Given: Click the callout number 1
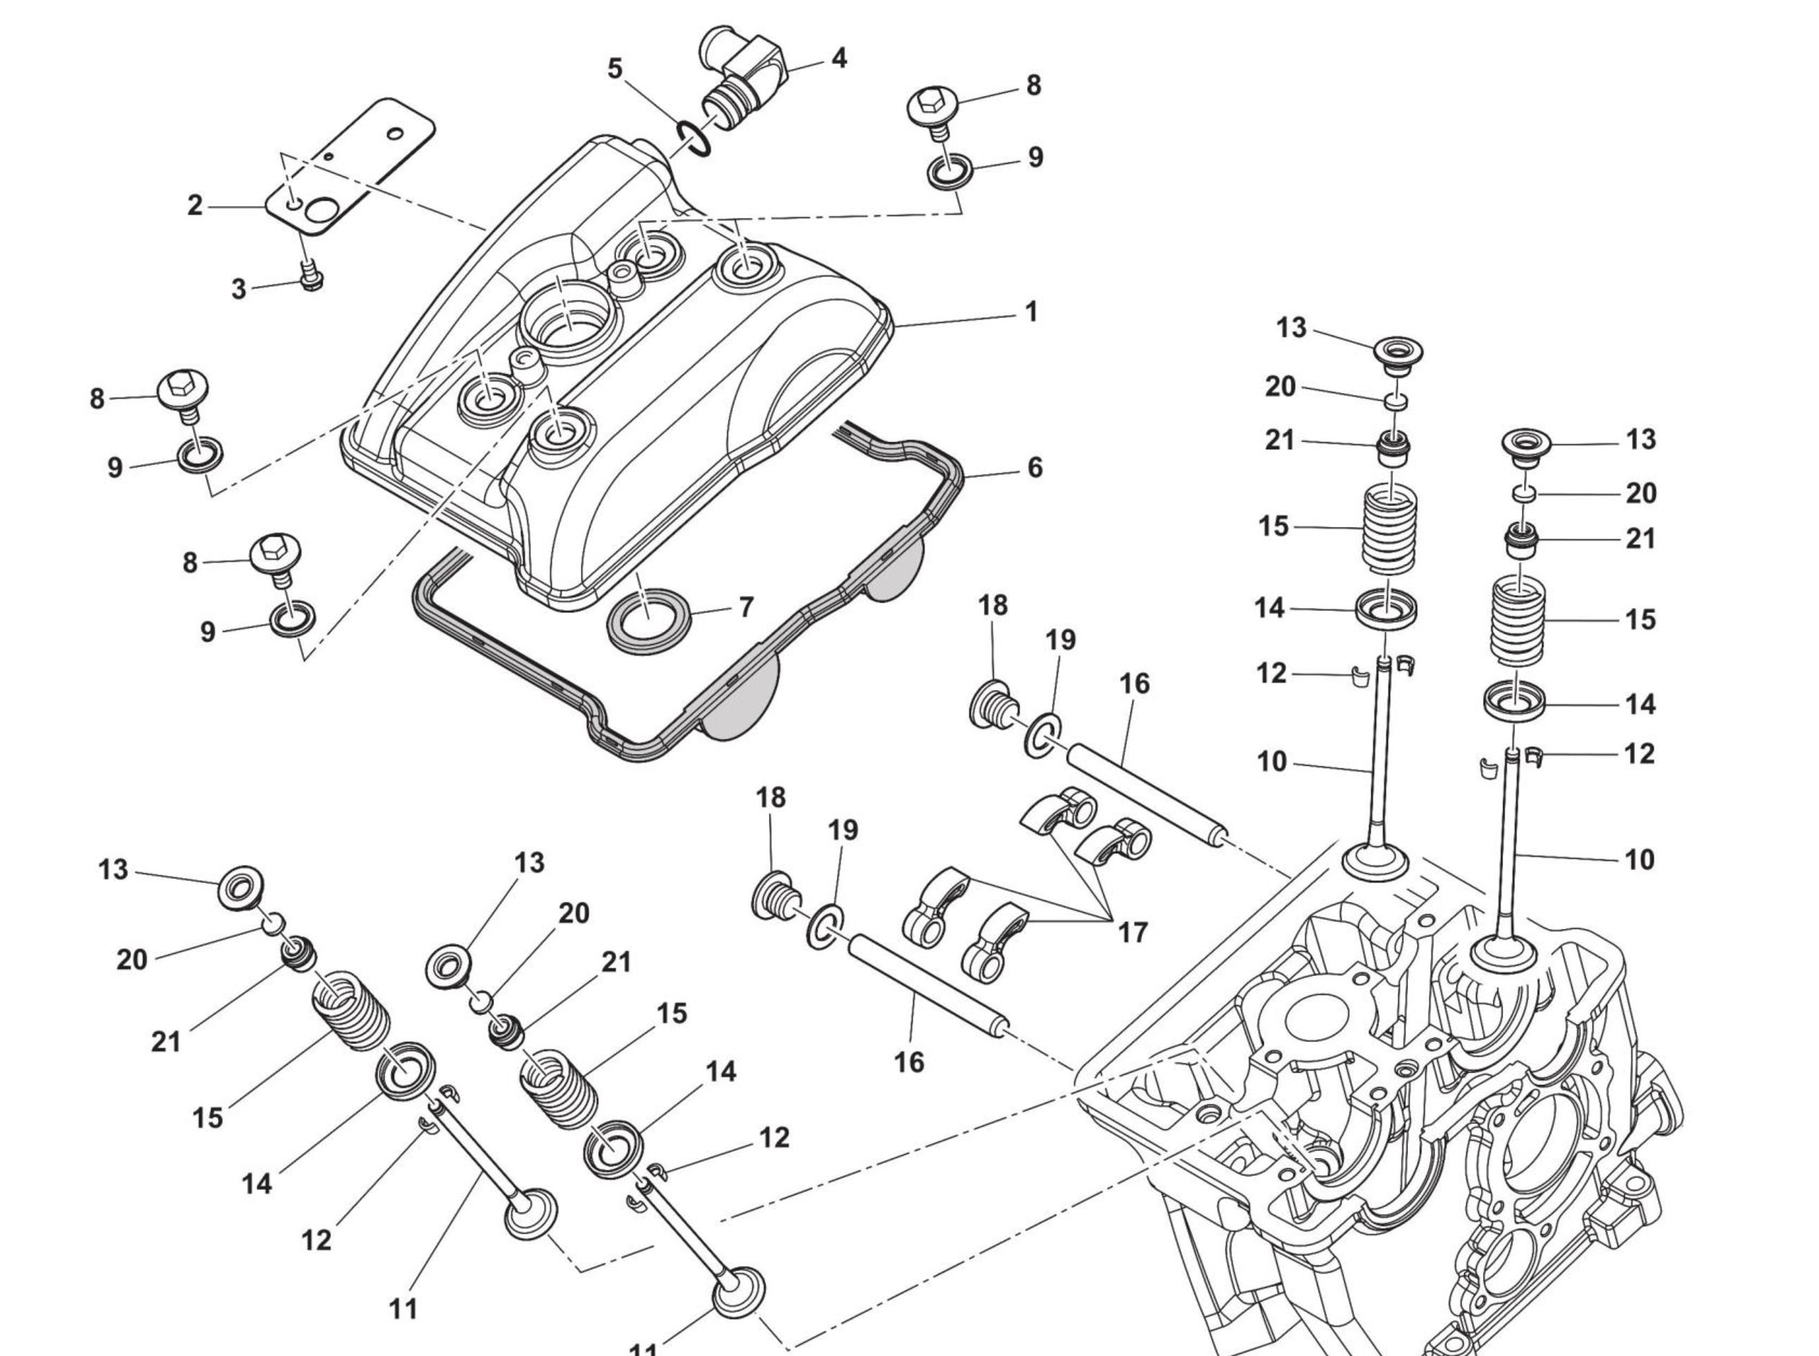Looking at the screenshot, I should tap(1031, 312).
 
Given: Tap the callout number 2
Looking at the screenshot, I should tap(194, 205).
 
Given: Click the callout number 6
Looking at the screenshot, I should tap(1034, 468).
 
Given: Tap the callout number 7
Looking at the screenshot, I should tap(745, 607).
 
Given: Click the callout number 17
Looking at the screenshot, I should tap(1133, 933).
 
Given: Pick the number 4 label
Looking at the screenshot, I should tap(838, 58).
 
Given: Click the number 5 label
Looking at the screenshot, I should tap(615, 68).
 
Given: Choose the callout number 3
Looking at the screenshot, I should tap(238, 289).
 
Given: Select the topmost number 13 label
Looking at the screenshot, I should tap(1290, 328).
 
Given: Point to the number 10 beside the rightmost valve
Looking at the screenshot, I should tap(1639, 861).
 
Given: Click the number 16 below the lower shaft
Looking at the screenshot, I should tap(909, 1062).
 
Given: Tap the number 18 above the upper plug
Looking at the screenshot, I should tap(992, 606).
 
